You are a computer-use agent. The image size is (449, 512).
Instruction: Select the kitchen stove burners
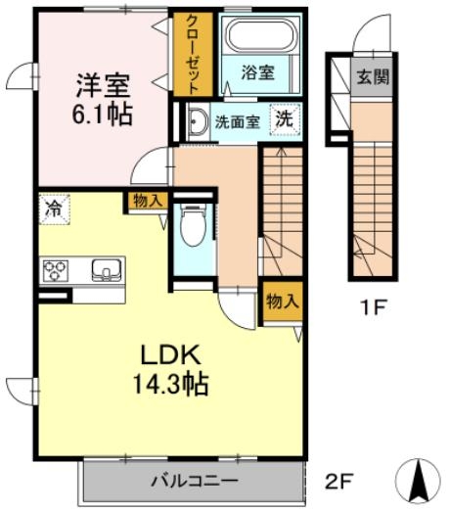[x=55, y=268]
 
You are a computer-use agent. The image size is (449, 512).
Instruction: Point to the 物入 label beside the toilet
[x=147, y=201]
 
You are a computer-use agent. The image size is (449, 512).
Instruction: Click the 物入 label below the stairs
[x=282, y=302]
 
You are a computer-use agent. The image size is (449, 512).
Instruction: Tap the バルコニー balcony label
[x=193, y=481]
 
